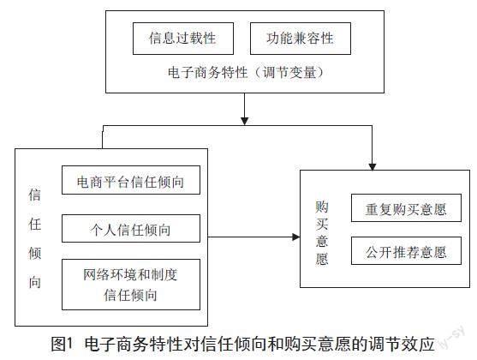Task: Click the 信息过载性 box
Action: click(x=183, y=39)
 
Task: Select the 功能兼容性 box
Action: click(x=301, y=39)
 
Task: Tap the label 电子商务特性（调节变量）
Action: click(x=245, y=73)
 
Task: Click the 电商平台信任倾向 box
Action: click(x=131, y=180)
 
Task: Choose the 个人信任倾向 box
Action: click(x=131, y=228)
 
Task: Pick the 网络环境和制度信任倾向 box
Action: click(x=131, y=285)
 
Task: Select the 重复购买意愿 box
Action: click(x=406, y=207)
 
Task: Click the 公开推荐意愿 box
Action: click(x=406, y=250)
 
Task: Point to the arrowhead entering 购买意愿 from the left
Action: click(x=296, y=237)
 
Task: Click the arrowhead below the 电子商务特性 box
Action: click(x=245, y=121)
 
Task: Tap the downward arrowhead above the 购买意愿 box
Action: click(x=373, y=166)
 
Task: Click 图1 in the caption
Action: click(x=63, y=345)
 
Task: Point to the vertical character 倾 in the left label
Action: click(x=34, y=254)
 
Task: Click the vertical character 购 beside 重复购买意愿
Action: click(x=321, y=207)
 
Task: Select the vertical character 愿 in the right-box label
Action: click(x=321, y=259)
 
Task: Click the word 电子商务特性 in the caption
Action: click(x=134, y=345)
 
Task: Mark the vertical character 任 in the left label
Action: click(x=34, y=225)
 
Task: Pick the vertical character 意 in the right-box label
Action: click(x=321, y=241)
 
